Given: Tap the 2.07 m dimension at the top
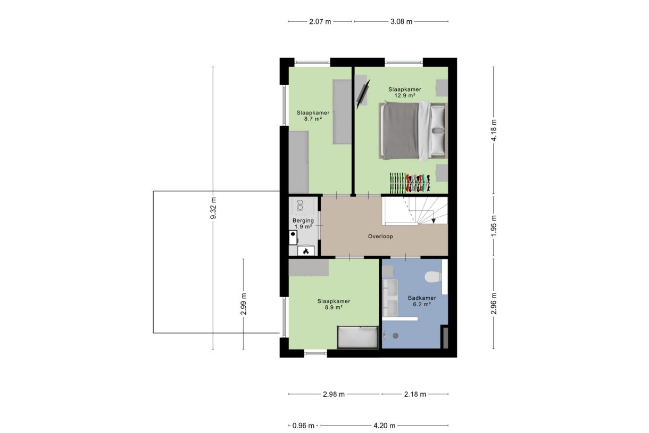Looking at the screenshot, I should (320, 22).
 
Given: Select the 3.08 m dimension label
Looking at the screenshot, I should (401, 22).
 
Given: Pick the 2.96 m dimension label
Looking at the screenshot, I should (494, 304).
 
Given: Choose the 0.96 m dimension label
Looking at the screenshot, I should (304, 426).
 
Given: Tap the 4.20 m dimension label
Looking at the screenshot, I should (385, 426).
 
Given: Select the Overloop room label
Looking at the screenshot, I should (380, 236).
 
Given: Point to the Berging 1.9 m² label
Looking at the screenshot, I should (303, 223).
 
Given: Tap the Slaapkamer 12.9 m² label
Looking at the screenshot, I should (404, 92).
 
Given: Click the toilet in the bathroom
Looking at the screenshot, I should (433, 277).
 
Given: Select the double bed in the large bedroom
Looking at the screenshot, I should (412, 130).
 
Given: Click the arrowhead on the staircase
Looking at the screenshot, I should (434, 219).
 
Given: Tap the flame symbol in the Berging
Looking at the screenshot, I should (306, 250).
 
